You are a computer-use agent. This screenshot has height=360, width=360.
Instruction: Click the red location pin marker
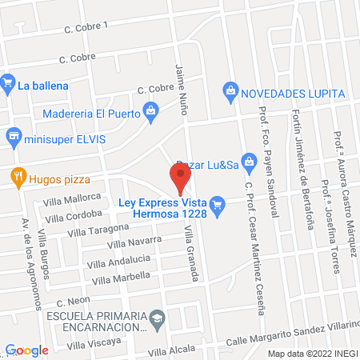pos(181,178)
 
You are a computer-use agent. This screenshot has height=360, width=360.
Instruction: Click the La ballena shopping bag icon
pos(8,82)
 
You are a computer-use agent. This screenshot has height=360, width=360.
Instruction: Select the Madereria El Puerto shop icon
pos(149,111)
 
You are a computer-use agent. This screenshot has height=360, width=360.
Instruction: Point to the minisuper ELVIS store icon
pos(12,138)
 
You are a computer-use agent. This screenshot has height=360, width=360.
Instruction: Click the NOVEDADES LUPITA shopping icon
pos(230,91)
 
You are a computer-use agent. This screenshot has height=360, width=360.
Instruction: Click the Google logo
pos(27,350)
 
